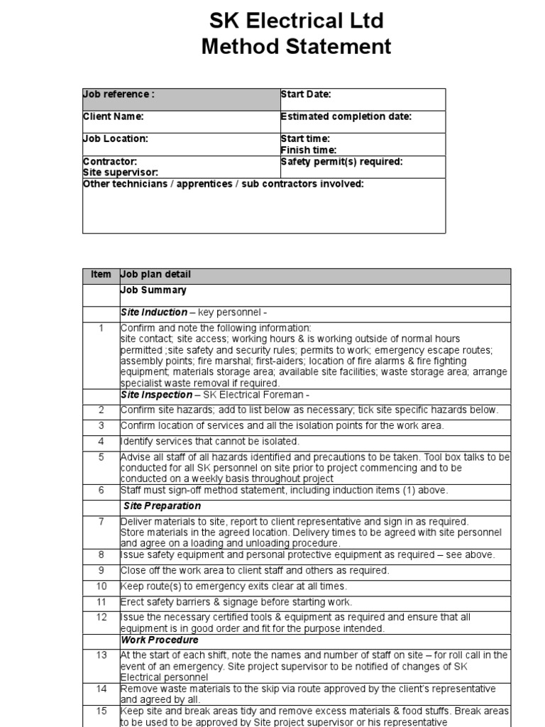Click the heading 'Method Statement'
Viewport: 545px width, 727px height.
tap(295, 47)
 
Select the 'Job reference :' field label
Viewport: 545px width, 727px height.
tap(119, 94)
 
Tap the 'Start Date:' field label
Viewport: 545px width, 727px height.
tap(306, 94)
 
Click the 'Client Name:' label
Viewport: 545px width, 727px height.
tap(114, 116)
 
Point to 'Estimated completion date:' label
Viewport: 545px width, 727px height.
tap(346, 116)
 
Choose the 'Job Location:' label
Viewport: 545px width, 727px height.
tap(116, 139)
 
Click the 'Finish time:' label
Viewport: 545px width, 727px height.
tap(309, 151)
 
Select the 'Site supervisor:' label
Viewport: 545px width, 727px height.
tap(121, 173)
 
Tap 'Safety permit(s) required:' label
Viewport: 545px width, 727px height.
tap(341, 162)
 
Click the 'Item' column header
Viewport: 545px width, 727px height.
tap(101, 275)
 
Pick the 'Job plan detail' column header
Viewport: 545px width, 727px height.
tap(155, 275)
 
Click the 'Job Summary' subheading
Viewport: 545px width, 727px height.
tap(153, 290)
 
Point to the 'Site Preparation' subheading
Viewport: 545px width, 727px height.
tap(162, 506)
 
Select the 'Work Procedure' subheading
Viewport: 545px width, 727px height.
tap(160, 640)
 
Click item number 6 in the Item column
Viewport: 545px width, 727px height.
tap(101, 491)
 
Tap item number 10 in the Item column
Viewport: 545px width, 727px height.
tap(101, 586)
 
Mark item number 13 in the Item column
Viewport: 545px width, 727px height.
tap(101, 655)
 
